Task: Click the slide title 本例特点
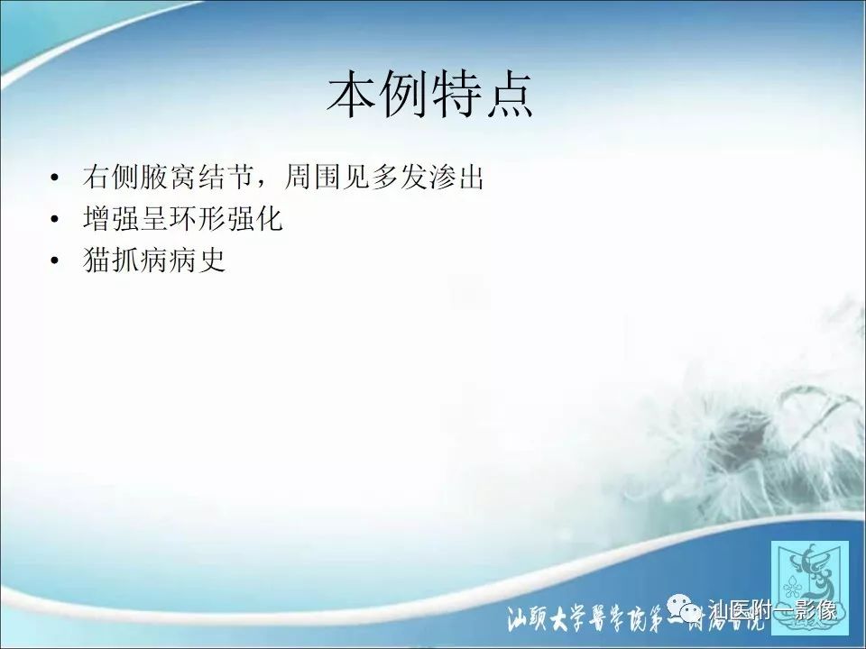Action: click(429, 96)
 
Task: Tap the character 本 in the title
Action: click(352, 96)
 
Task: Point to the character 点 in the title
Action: click(508, 96)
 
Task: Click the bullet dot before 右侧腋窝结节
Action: click(57, 178)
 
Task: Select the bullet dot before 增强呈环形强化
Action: click(57, 221)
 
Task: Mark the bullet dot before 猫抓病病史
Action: click(57, 262)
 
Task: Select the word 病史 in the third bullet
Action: click(196, 261)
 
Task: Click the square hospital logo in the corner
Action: click(809, 580)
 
